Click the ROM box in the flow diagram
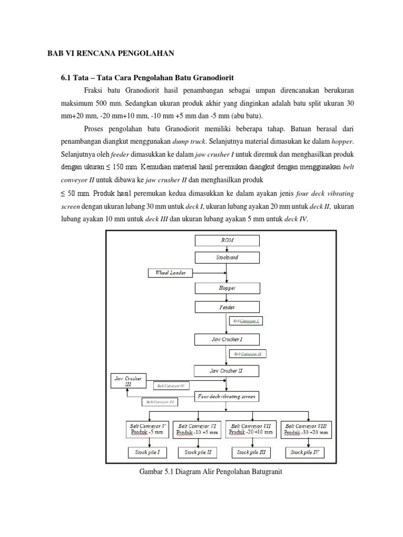[227, 240]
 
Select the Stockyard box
[227, 257]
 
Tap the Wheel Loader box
[171, 273]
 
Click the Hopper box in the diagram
[227, 288]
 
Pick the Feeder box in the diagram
[227, 307]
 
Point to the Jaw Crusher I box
[227, 339]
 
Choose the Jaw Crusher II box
[227, 371]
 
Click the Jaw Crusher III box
[128, 381]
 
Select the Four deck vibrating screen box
[227, 397]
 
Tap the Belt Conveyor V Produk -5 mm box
[147, 430]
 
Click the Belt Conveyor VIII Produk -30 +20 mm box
[306, 430]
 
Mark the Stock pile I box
[147, 452]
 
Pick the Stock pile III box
[251, 452]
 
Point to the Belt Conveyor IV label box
[171, 386]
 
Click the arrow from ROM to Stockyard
[227, 249]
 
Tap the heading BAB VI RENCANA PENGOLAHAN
[110, 53]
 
